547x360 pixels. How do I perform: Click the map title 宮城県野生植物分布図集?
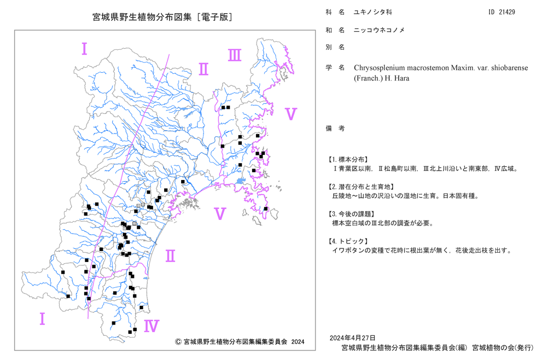pyautogui.click(x=142, y=17)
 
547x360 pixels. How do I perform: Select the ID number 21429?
pyautogui.click(x=507, y=12)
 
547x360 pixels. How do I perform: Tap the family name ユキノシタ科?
pyautogui.click(x=373, y=12)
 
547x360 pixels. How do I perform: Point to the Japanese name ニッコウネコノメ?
pyautogui.click(x=379, y=30)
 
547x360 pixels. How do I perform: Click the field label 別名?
pyautogui.click(x=335, y=47)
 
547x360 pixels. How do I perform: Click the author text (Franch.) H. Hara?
pyautogui.click(x=382, y=78)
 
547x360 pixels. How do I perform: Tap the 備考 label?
pyautogui.click(x=335, y=129)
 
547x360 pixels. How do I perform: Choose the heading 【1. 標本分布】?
pyautogui.click(x=347, y=160)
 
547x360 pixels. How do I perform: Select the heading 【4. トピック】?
pyautogui.click(x=347, y=241)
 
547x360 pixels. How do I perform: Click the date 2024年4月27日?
pyautogui.click(x=352, y=338)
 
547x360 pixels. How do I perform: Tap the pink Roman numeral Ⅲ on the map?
pyautogui.click(x=235, y=55)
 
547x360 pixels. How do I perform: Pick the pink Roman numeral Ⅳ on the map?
pyautogui.click(x=152, y=326)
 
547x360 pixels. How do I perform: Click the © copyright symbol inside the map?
pyautogui.click(x=178, y=342)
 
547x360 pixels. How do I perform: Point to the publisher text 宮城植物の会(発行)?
pyautogui.click(x=503, y=348)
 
